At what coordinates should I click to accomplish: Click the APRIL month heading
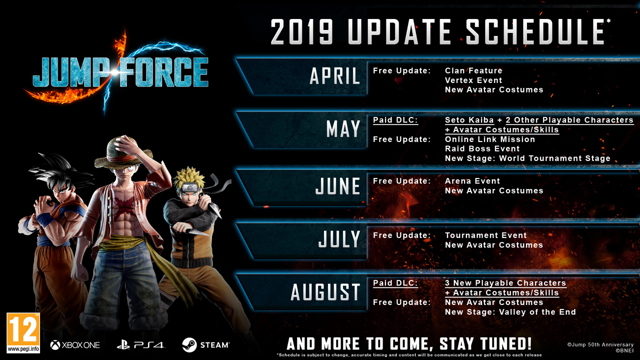click(335, 76)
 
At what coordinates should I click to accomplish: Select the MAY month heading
click(343, 128)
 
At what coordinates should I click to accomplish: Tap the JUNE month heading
click(337, 186)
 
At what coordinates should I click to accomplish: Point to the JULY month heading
click(339, 239)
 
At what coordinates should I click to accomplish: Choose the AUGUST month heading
click(325, 292)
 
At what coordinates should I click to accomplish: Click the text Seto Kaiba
click(469, 120)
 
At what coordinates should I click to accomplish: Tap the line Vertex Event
click(473, 80)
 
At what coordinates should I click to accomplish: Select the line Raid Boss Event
click(482, 148)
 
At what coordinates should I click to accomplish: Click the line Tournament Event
click(485, 235)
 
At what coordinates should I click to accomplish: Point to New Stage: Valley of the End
click(510, 312)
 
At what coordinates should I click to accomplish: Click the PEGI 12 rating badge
click(23, 333)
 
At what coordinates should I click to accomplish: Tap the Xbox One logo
click(75, 345)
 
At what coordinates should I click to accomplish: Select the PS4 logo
click(140, 345)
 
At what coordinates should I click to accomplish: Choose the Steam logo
click(205, 345)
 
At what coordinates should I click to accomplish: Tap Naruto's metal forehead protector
click(191, 187)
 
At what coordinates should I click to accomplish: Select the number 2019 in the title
click(301, 31)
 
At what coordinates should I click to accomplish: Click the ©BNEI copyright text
click(624, 350)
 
